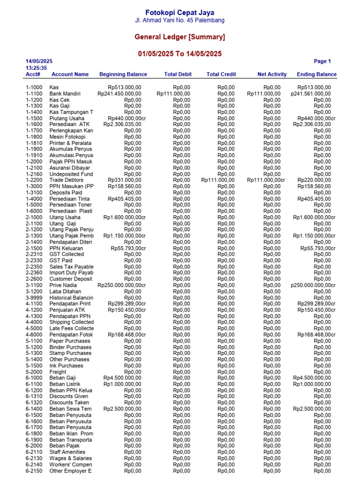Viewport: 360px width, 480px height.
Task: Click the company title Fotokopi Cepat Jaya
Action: point(180,13)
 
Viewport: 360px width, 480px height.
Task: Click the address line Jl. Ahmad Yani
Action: point(180,21)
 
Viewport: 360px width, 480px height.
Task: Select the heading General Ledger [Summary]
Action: point(180,37)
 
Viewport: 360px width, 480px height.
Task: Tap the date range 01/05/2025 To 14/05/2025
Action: point(180,54)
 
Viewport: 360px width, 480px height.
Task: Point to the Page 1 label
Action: point(322,61)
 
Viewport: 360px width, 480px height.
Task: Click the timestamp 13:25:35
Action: point(36,68)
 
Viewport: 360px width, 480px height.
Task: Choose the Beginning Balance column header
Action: point(123,74)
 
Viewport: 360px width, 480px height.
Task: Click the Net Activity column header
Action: point(272,74)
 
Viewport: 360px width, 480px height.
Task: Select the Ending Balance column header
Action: point(316,74)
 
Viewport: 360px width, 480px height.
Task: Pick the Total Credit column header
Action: point(221,74)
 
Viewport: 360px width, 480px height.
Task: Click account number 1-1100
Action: point(34,94)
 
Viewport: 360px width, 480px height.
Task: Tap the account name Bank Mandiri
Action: point(65,94)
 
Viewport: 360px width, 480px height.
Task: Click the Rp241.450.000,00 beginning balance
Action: point(119,94)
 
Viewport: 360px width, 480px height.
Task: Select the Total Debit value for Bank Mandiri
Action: point(173,94)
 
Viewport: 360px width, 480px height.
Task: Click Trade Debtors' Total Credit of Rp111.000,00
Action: point(218,180)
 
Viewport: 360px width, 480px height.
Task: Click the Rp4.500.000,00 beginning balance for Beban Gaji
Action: point(122,378)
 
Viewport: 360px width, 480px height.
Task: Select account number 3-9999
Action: point(34,298)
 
